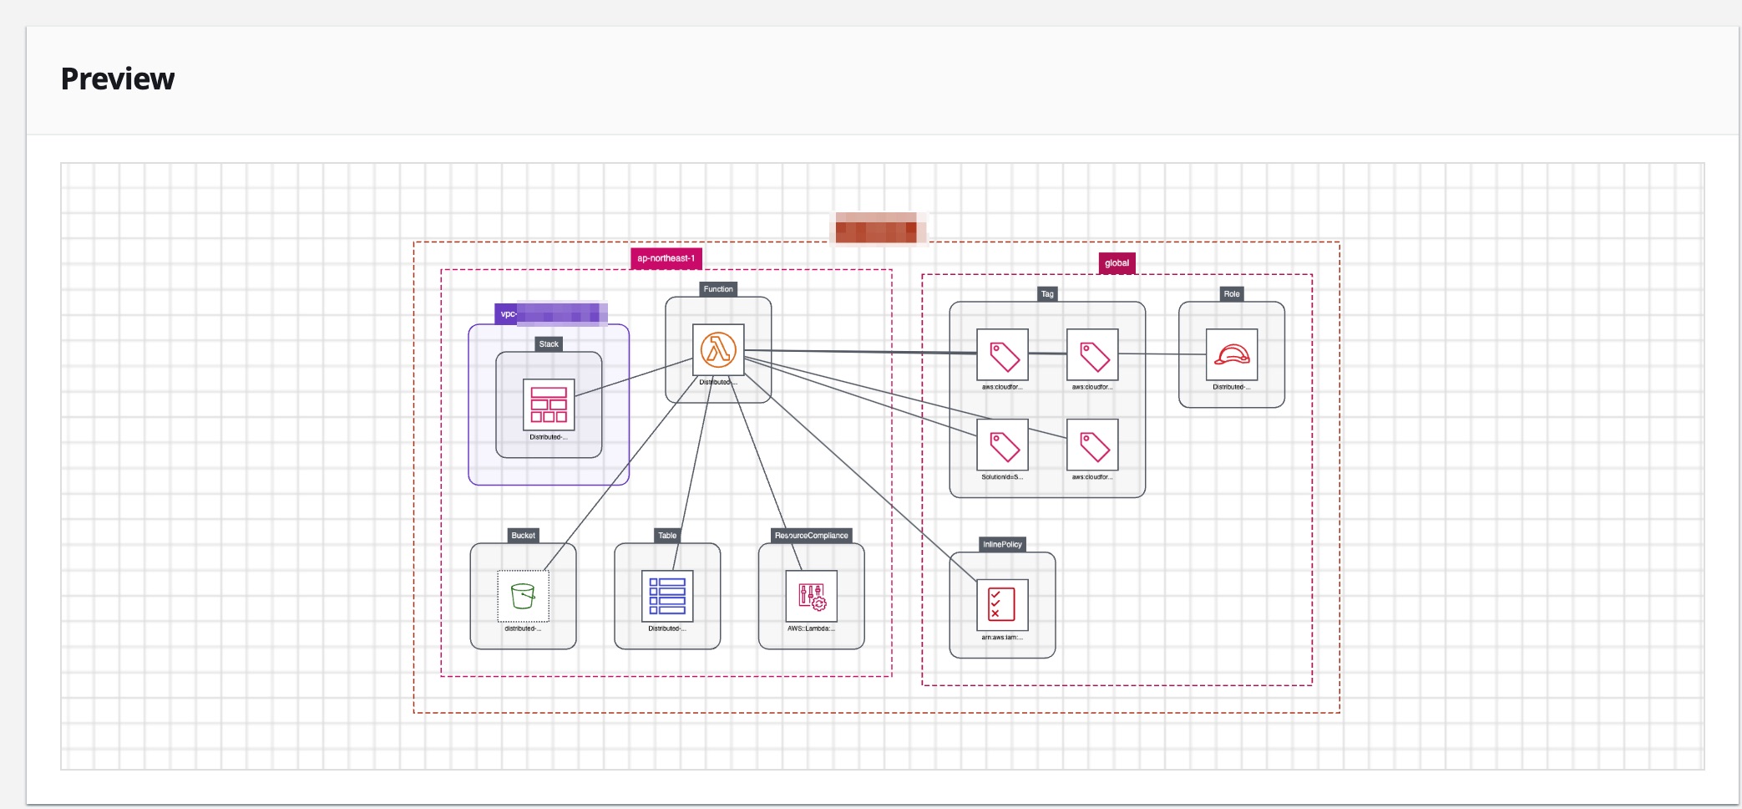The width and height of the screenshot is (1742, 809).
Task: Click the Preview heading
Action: tap(118, 79)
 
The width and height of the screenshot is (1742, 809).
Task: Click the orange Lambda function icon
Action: tap(718, 350)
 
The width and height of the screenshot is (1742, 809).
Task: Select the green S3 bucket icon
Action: tap(523, 596)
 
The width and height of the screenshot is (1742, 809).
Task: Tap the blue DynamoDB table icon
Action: tap(667, 596)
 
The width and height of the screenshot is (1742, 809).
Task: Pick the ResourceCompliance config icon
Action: tap(811, 596)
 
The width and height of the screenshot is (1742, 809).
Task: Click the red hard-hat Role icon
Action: tap(1232, 354)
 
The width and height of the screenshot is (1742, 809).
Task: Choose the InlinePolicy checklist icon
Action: tap(1002, 604)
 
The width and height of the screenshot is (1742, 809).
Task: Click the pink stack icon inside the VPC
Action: tap(549, 404)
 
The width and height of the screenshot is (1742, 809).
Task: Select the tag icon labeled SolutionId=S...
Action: tap(1002, 445)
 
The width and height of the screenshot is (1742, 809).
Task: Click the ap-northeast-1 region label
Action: tap(666, 258)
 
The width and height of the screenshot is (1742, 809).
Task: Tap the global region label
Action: tap(1117, 263)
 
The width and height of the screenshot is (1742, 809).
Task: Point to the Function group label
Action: tap(718, 289)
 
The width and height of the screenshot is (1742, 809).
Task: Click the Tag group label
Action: tap(1047, 294)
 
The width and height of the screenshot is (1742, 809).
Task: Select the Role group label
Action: tap(1232, 294)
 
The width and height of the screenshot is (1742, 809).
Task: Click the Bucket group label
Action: tap(523, 536)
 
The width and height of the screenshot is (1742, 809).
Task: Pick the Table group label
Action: tap(667, 536)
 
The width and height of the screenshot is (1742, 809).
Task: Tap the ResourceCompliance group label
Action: tap(811, 536)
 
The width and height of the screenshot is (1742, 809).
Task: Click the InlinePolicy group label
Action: tap(1002, 544)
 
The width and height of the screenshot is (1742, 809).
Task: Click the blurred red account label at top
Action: tap(876, 228)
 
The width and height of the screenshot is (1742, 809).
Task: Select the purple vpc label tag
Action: tap(549, 314)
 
